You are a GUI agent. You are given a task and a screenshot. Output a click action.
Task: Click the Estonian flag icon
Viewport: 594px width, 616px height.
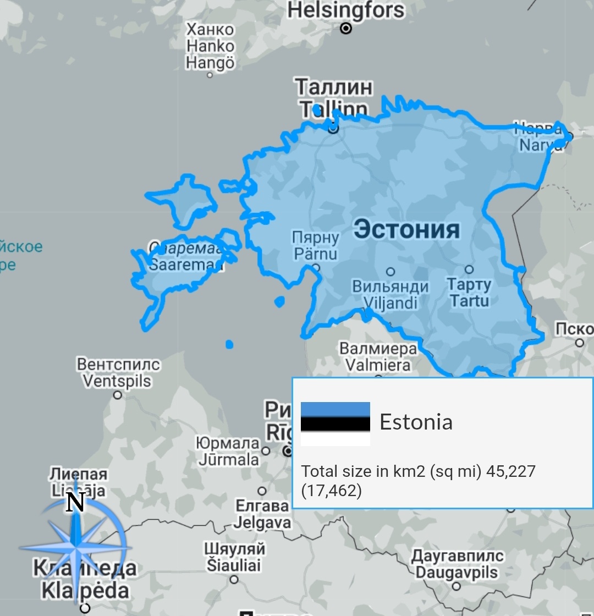[x=335, y=424]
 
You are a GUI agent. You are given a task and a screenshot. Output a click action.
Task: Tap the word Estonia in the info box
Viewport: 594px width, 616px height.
[x=416, y=422]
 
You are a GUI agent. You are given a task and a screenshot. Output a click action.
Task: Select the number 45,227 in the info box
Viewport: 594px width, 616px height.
[x=511, y=471]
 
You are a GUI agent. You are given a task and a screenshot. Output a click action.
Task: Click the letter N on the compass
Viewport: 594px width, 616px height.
[x=75, y=502]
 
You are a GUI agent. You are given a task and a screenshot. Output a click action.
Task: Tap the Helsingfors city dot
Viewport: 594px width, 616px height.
[x=346, y=28]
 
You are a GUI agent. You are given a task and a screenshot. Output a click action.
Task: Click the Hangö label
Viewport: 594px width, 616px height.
[x=210, y=63]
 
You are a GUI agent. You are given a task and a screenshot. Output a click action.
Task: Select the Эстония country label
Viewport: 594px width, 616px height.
[x=406, y=229]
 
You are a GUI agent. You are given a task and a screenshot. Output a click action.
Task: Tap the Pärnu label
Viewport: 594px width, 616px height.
[x=315, y=254]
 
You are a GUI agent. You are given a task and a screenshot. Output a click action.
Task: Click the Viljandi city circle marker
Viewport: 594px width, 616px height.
[x=391, y=271]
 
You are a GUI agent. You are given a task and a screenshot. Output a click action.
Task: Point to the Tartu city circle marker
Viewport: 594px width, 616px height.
[x=469, y=269]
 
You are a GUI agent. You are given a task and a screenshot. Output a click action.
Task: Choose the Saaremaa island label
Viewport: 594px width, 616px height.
[x=186, y=265]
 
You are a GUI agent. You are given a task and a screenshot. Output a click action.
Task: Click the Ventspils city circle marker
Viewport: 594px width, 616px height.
[x=117, y=394]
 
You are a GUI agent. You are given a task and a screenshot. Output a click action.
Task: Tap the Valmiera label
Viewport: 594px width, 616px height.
[x=378, y=365]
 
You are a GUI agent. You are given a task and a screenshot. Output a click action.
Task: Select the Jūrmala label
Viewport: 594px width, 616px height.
[x=228, y=459]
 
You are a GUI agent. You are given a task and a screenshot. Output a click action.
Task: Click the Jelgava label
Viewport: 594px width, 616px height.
[x=262, y=522]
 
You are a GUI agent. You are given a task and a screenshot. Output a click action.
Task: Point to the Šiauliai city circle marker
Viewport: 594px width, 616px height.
[x=234, y=579]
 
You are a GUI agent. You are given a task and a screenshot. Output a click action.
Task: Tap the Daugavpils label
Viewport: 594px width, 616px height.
[x=456, y=572]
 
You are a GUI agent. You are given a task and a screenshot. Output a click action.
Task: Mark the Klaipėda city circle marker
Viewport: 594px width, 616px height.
[x=85, y=608]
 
